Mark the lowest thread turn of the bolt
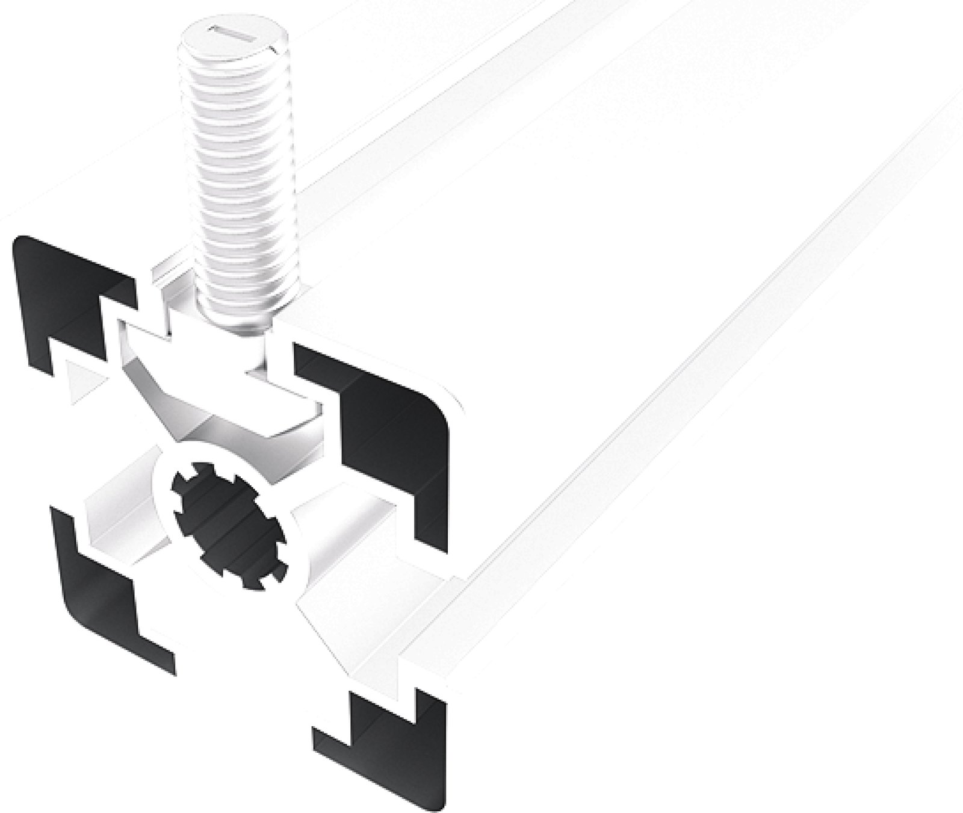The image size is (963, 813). point(238,313)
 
